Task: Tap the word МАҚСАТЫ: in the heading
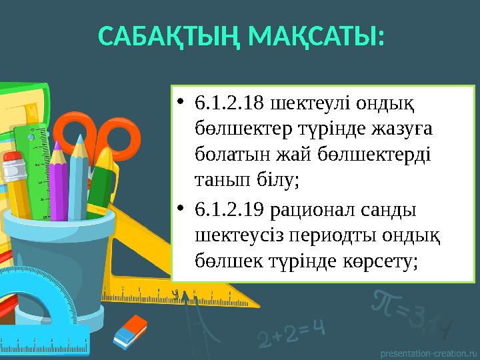pos(315,38)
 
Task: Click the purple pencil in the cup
pos(59,180)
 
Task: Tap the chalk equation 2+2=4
pos(291,331)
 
